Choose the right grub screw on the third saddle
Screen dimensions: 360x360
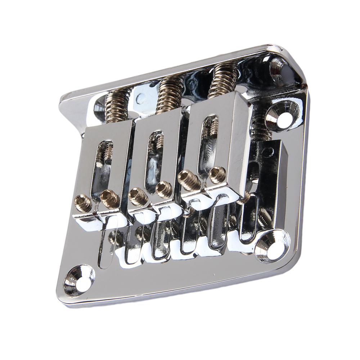pos(216,174)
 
